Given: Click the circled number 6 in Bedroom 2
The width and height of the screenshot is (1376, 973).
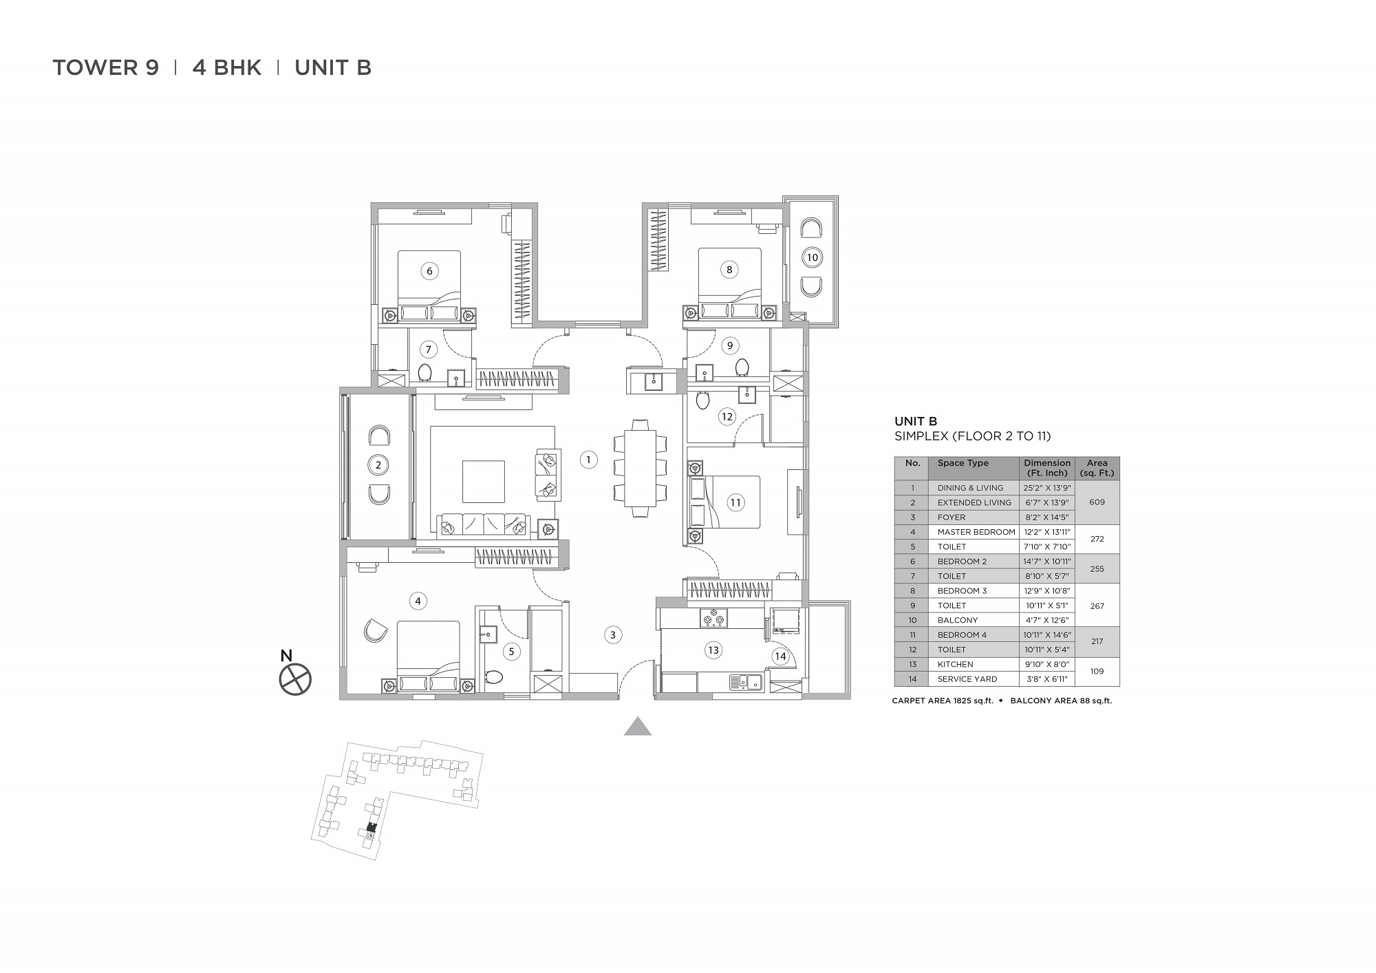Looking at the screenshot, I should click(x=429, y=271).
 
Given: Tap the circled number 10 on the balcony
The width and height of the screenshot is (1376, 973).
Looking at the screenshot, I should click(x=812, y=257).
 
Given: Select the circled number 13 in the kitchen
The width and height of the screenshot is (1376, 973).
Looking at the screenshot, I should click(x=713, y=650).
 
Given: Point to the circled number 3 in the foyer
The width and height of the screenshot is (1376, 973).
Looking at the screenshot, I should click(x=613, y=635).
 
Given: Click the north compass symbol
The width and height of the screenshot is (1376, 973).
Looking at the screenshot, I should click(x=295, y=680).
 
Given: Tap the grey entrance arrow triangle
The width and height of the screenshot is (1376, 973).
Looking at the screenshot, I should click(x=638, y=727).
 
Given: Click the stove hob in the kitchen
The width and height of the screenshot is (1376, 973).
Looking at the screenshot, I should click(x=713, y=619).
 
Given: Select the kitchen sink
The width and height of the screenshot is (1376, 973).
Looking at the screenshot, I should click(x=745, y=683).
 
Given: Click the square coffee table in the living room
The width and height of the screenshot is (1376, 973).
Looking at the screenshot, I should click(x=483, y=482).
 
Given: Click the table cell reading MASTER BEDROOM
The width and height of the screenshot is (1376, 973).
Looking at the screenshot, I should click(x=976, y=532).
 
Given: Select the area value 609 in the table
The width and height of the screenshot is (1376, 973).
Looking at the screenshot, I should click(x=1097, y=502).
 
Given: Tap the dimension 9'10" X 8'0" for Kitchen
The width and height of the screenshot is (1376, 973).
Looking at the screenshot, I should click(x=1046, y=664).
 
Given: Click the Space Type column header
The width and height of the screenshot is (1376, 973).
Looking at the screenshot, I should click(x=963, y=463).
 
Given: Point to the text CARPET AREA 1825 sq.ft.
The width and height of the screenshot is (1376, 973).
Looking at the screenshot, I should click(x=943, y=701).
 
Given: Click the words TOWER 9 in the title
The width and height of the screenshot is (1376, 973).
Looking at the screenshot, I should click(x=106, y=67).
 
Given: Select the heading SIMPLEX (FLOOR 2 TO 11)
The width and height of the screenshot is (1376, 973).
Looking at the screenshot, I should click(x=972, y=436).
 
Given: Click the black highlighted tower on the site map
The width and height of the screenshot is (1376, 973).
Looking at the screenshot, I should click(x=372, y=827).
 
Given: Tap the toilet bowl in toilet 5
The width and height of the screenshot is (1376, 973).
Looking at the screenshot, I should click(x=493, y=678).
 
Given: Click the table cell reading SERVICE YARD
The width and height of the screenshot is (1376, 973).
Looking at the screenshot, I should click(x=967, y=679).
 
